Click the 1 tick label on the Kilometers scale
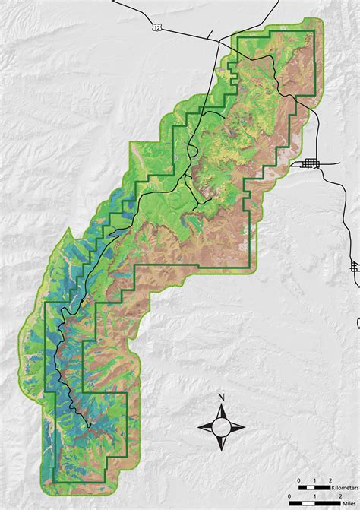[314, 481]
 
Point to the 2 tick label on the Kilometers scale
[330, 481]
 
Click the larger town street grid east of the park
[311, 164]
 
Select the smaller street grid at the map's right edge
[355, 267]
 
